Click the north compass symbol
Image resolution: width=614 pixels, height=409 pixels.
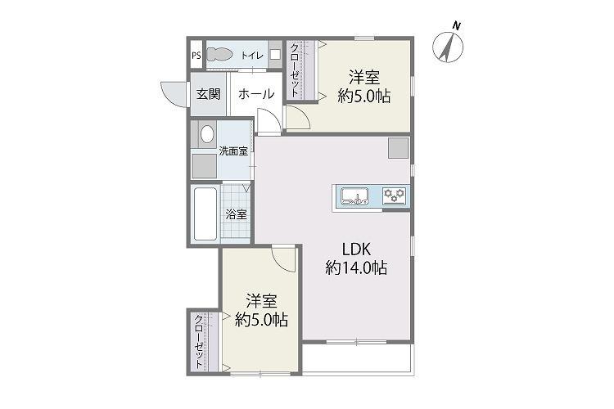448,46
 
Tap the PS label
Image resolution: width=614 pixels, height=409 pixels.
196,55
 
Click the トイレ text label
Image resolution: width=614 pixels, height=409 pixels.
252,55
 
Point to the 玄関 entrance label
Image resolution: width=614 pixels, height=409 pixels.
208,94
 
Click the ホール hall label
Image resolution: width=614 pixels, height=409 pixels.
256,94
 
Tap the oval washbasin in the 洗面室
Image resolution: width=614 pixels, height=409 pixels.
207,134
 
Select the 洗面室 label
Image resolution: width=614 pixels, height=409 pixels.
233,151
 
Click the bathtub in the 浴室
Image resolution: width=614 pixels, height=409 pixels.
205,213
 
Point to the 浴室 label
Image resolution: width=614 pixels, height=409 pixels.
236,214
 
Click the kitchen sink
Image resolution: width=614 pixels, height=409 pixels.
354,196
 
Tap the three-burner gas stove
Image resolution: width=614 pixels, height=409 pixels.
394,196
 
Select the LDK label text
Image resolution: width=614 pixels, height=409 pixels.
356,249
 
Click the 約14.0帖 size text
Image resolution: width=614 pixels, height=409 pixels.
356,267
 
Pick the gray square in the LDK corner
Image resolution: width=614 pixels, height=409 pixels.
398,148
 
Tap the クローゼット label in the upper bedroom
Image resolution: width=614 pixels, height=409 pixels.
294,70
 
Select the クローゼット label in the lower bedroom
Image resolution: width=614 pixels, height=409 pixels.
199,341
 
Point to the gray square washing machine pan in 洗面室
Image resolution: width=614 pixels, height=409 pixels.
204,166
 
